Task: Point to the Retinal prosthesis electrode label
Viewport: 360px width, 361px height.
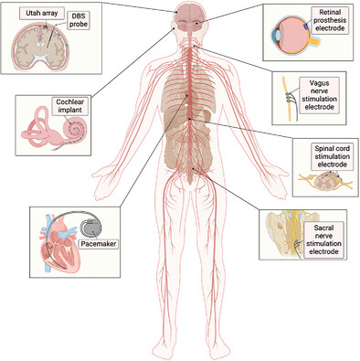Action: pyautogui.click(x=324, y=20)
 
